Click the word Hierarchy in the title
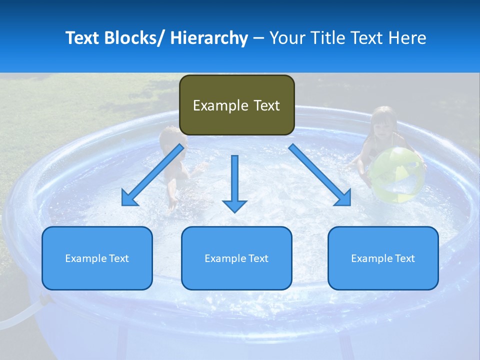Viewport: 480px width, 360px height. [209, 38]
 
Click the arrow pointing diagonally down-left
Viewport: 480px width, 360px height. [153, 175]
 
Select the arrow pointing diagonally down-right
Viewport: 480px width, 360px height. [320, 175]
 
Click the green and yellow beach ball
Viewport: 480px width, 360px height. [397, 174]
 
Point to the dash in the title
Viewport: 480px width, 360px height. [258, 38]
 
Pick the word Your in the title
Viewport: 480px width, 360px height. [287, 38]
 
